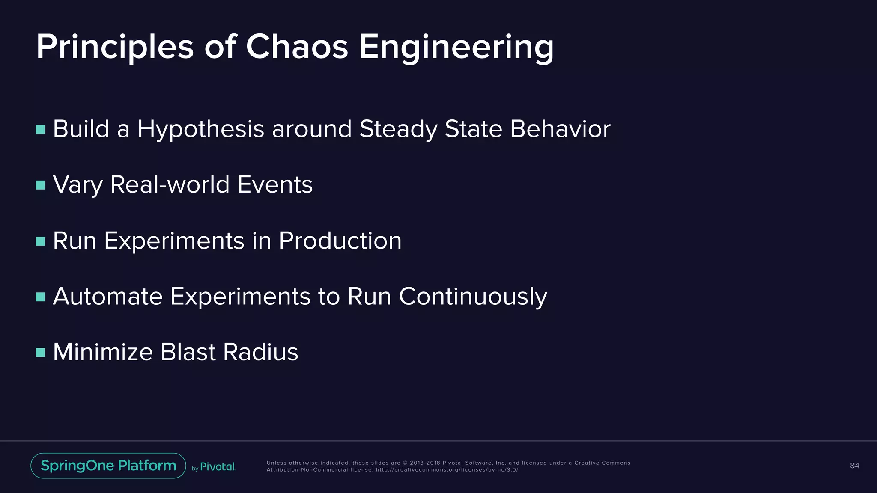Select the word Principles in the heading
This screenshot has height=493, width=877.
point(115,47)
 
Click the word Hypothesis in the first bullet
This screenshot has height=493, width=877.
point(200,129)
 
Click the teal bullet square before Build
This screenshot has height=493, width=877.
point(41,129)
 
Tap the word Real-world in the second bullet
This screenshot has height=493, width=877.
point(170,184)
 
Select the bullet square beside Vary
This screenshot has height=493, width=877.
point(41,185)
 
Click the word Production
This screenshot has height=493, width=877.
point(340,241)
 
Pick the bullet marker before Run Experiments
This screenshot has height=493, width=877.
point(41,241)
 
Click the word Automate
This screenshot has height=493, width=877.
point(107,296)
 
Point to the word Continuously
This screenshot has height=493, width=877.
point(473,297)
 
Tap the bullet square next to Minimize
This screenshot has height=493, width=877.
point(41,353)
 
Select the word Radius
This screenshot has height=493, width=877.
point(260,352)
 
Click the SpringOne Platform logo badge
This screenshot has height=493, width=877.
point(108,466)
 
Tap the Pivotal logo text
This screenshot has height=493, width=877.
point(218,466)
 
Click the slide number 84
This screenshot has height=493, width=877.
point(854,466)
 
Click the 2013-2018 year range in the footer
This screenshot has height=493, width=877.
point(425,463)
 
